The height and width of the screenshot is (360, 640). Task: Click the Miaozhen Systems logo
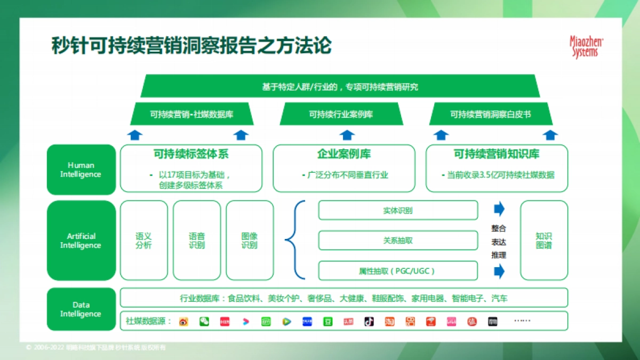pyautogui.click(x=586, y=46)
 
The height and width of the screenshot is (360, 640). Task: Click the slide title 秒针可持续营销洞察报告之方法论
pyautogui.click(x=191, y=46)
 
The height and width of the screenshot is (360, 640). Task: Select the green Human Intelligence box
pyautogui.click(x=81, y=170)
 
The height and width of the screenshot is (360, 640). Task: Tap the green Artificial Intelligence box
pyautogui.click(x=81, y=241)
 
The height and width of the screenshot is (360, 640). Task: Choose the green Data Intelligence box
pyautogui.click(x=81, y=309)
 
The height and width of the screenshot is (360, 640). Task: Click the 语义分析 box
pyautogui.click(x=144, y=241)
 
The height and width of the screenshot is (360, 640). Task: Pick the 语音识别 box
pyautogui.click(x=197, y=241)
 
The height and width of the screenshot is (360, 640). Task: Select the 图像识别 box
pyautogui.click(x=250, y=241)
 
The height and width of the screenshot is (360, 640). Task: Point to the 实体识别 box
pyautogui.click(x=398, y=210)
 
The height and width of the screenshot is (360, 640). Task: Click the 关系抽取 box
pyautogui.click(x=398, y=241)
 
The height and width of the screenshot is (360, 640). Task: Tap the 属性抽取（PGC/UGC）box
pyautogui.click(x=398, y=271)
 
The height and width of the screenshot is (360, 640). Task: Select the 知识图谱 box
pyautogui.click(x=544, y=241)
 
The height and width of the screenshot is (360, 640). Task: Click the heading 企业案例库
pyautogui.click(x=344, y=154)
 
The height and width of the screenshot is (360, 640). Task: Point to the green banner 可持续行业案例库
pyautogui.click(x=341, y=114)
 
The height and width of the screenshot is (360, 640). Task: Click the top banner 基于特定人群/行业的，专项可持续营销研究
pyautogui.click(x=340, y=86)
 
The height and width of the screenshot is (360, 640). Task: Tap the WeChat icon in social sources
pyautogui.click(x=204, y=321)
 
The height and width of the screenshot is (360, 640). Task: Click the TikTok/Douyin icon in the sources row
pyautogui.click(x=369, y=321)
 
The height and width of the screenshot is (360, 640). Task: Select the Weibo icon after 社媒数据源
pyautogui.click(x=183, y=321)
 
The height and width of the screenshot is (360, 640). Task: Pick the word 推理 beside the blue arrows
pyautogui.click(x=499, y=255)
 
